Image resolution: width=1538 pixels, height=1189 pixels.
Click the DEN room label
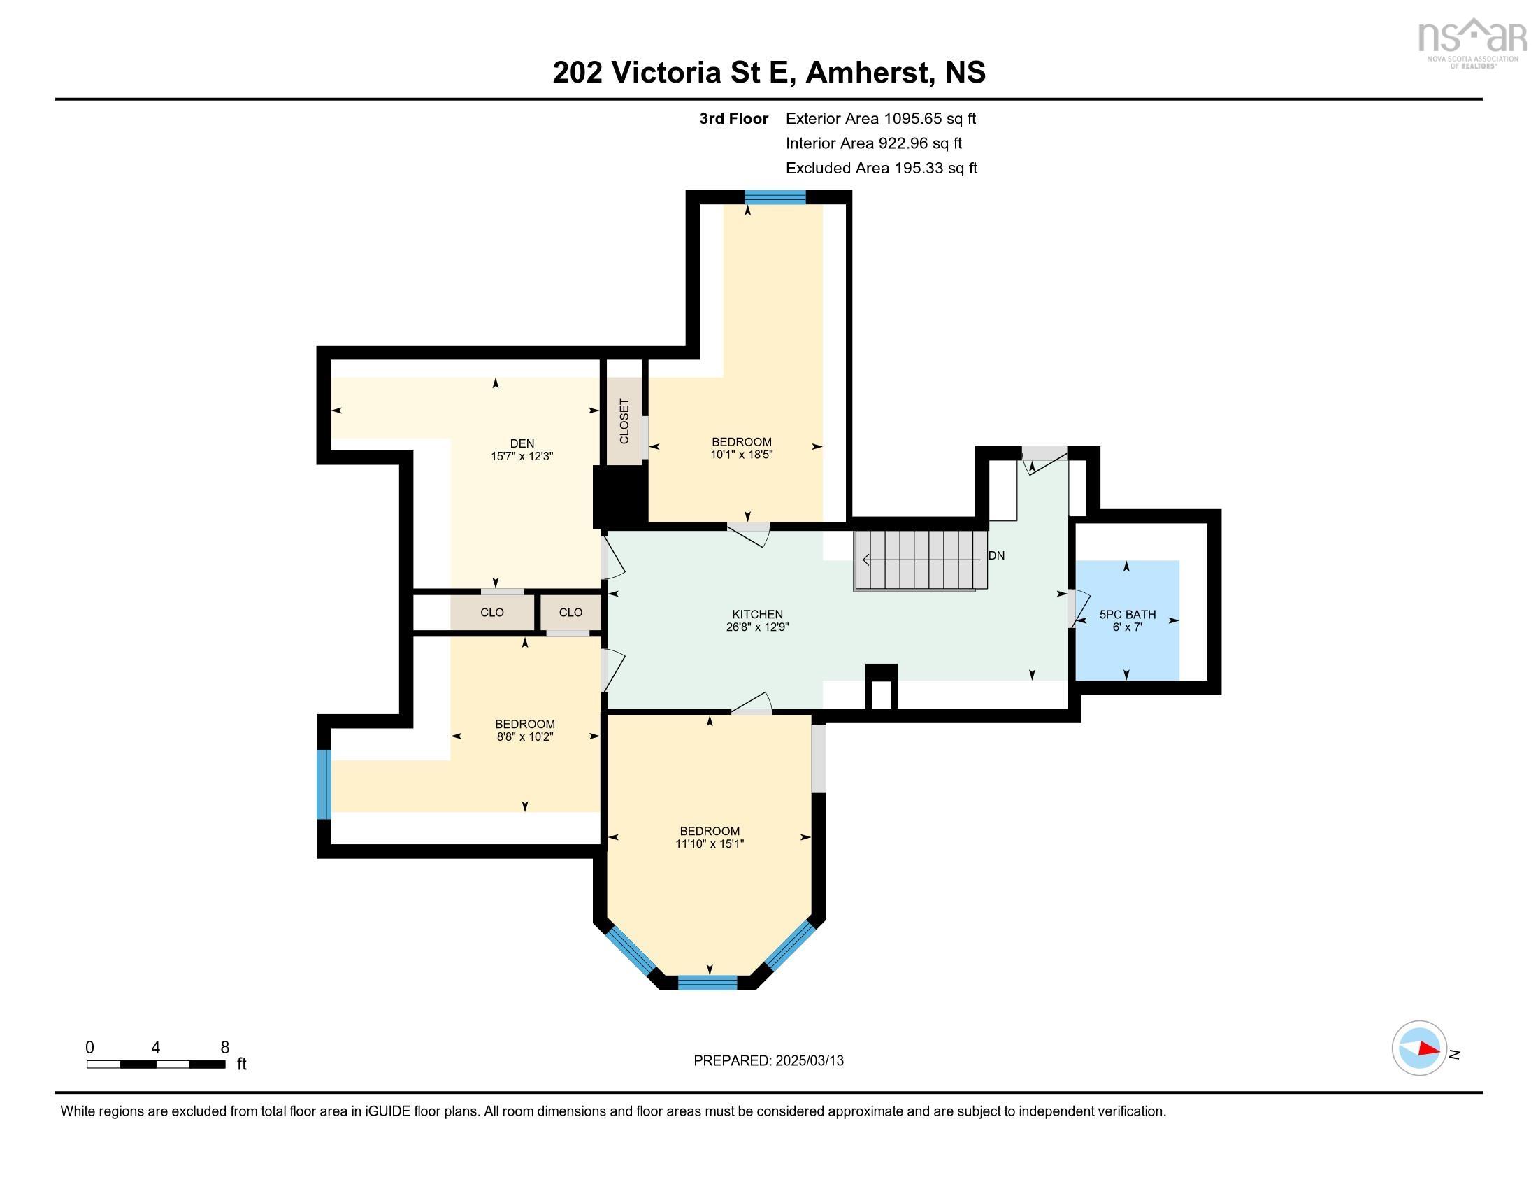(522, 443)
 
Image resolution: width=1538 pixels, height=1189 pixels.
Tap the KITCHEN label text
(757, 614)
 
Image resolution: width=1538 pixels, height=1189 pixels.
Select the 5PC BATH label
(1128, 615)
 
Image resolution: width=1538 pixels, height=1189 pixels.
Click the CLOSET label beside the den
(624, 421)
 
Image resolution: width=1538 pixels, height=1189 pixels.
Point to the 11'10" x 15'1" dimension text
(710, 843)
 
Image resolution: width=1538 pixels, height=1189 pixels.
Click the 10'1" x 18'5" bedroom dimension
(742, 455)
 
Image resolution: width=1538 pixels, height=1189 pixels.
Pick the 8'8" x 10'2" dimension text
(524, 736)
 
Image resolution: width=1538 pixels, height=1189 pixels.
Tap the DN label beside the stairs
(996, 556)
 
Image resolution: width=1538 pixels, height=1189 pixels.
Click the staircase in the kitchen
(920, 560)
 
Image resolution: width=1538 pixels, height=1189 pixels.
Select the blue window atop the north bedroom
(775, 197)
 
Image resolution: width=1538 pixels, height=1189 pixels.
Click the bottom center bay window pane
(707, 983)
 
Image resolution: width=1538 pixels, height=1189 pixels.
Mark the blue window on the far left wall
(323, 785)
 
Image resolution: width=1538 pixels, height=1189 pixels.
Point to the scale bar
(156, 1064)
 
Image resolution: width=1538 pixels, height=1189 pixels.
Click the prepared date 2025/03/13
(809, 1061)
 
